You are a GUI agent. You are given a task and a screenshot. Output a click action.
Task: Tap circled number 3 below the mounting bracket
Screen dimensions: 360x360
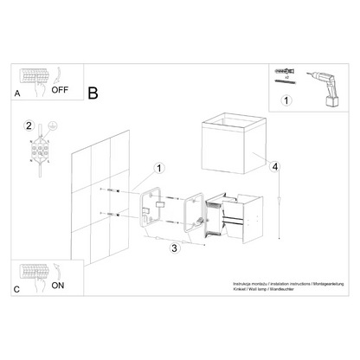pos(174,249)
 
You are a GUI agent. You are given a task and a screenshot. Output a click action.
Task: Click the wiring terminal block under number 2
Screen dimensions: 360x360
pos(39,154)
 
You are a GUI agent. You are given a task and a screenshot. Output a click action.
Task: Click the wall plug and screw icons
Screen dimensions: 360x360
pos(281,75)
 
